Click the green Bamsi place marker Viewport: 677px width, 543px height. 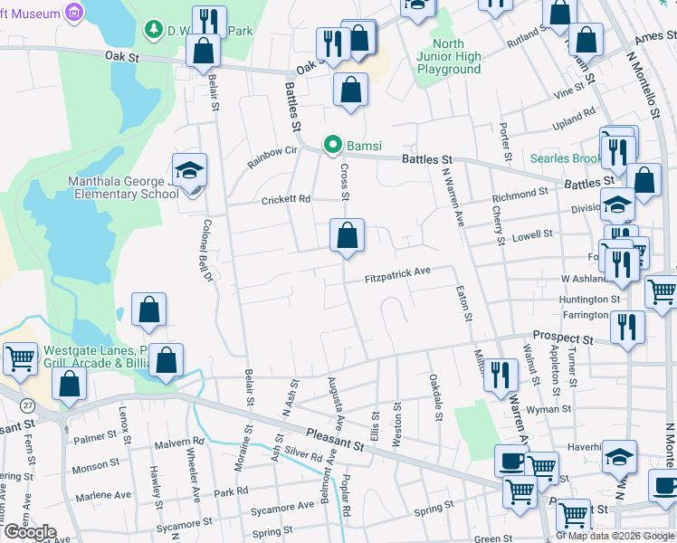click(x=333, y=145)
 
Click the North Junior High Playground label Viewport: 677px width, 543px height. click(x=449, y=56)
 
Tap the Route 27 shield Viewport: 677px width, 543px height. click(x=29, y=405)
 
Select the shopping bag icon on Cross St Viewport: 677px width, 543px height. click(x=347, y=236)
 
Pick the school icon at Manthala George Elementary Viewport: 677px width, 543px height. click(x=190, y=170)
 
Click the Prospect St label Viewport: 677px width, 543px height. click(x=562, y=337)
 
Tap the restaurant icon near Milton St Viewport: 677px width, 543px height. click(x=500, y=372)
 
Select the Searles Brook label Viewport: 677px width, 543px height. click(x=567, y=158)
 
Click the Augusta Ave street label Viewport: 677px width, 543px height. click(x=334, y=404)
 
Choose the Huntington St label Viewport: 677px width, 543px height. click(x=589, y=299)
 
